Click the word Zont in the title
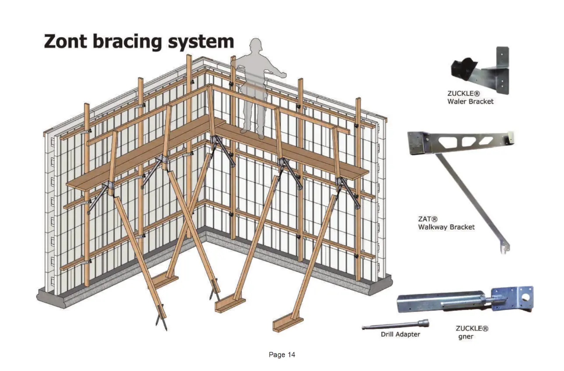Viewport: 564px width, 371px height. [x=65, y=41]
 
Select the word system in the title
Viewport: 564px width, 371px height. [x=201, y=43]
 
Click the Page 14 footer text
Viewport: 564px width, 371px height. [x=282, y=355]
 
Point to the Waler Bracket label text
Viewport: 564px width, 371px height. [x=470, y=101]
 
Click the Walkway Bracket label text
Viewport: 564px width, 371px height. [x=446, y=227]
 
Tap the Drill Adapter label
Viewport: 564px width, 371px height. [x=401, y=335]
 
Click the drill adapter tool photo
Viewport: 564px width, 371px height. [x=395, y=324]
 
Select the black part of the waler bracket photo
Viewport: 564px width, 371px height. [x=465, y=69]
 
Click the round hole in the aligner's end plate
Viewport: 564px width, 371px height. [x=525, y=298]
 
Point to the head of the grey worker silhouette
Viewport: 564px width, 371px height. [x=256, y=44]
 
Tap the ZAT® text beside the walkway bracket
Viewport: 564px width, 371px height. [x=428, y=219]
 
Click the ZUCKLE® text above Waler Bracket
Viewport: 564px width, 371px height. [x=464, y=94]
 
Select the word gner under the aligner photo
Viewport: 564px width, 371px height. [x=465, y=337]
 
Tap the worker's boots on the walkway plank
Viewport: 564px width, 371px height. [x=252, y=133]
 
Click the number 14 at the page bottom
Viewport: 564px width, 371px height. [x=291, y=355]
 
